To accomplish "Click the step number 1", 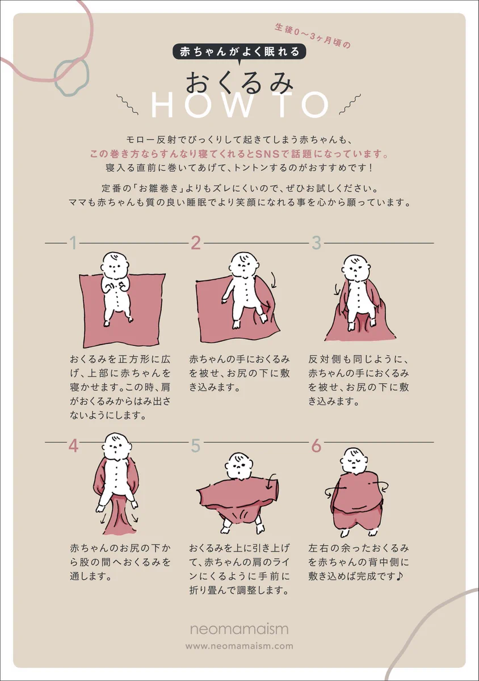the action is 73,243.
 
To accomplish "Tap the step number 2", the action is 196,243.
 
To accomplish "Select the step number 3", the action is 317,243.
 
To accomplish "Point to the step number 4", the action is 73,445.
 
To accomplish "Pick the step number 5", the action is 196,445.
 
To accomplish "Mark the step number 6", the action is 317,445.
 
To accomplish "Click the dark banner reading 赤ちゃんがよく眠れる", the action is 239,52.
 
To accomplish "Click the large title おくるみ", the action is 239,83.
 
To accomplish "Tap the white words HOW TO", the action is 240,105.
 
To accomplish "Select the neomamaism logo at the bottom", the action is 239,629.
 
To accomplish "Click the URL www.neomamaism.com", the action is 239,646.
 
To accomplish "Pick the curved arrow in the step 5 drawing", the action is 272,481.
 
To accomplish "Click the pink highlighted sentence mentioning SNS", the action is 239,154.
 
